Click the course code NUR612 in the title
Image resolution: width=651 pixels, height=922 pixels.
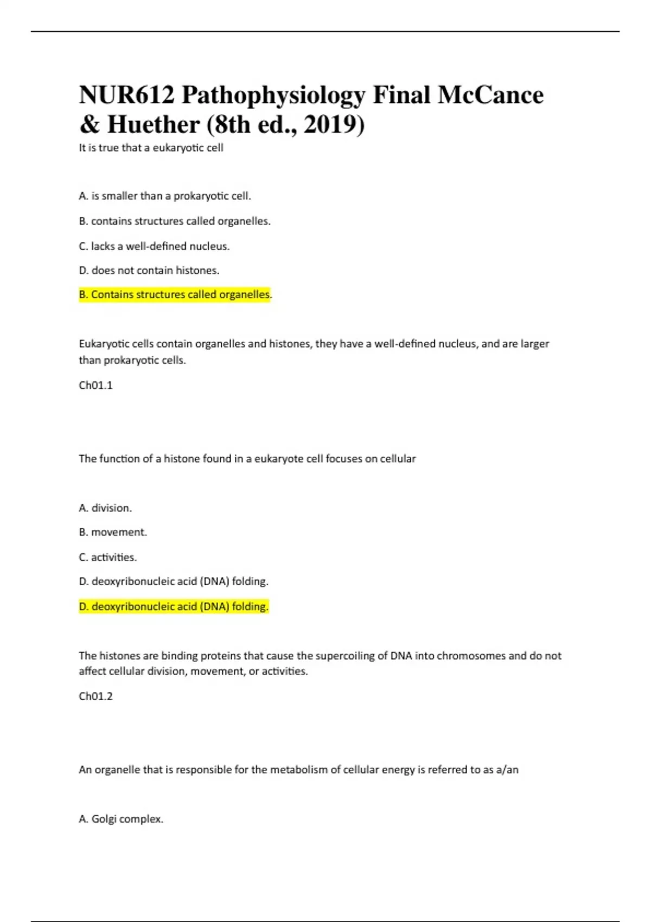pyautogui.click(x=127, y=95)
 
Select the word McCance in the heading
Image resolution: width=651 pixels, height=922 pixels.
pyautogui.click(x=490, y=95)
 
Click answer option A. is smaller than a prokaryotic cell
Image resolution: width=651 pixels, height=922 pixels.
pyautogui.click(x=165, y=196)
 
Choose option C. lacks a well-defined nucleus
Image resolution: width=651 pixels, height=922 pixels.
pyautogui.click(x=154, y=246)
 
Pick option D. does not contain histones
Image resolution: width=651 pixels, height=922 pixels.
pyautogui.click(x=149, y=270)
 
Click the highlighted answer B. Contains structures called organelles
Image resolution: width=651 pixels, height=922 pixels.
pyautogui.click(x=175, y=294)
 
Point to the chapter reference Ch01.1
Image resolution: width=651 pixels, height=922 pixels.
pyautogui.click(x=95, y=385)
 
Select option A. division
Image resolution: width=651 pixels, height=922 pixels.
pyautogui.click(x=105, y=508)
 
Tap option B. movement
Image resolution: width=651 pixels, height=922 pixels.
pyautogui.click(x=113, y=532)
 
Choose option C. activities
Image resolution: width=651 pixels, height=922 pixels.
pyautogui.click(x=107, y=557)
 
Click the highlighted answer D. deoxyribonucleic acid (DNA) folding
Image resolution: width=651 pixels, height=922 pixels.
pyautogui.click(x=174, y=606)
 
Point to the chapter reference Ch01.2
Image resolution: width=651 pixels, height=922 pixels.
pyautogui.click(x=95, y=696)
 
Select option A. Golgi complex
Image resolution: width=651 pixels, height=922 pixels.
pyautogui.click(x=121, y=819)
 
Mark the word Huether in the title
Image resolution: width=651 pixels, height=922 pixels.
pyautogui.click(x=154, y=125)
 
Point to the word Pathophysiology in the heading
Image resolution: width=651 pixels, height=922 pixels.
pyautogui.click(x=273, y=95)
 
